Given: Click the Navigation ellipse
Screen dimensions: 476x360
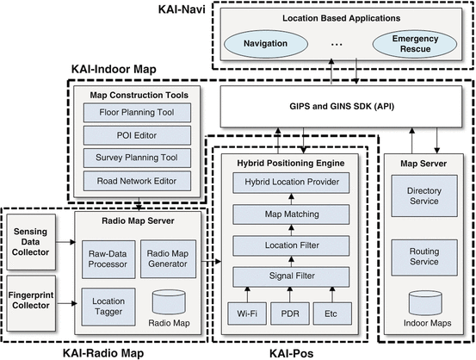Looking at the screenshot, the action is (266, 44).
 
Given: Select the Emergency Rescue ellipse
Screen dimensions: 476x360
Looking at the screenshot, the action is (415, 44).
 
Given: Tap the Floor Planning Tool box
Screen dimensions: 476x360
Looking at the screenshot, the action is (137, 113).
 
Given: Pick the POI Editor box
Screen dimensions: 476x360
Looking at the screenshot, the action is (137, 135).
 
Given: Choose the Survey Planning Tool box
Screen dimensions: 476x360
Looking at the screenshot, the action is (137, 158).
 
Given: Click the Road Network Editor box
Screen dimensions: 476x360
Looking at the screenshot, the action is (137, 181).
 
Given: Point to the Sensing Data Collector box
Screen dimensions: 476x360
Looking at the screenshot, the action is (31, 242).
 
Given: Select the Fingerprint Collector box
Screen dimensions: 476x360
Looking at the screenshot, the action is (31, 303).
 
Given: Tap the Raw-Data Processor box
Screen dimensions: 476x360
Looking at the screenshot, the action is (108, 259).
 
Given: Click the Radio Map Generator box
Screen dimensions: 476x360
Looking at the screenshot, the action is (168, 259).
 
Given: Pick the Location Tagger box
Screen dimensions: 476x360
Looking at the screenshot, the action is (108, 307).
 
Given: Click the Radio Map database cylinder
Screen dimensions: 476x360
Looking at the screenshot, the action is (169, 302).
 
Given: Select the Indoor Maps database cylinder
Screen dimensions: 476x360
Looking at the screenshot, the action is (425, 303).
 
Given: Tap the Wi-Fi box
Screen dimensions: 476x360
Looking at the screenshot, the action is (247, 313).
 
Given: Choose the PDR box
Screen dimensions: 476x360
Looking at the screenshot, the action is (290, 313).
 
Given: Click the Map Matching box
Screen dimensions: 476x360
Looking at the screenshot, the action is (291, 214).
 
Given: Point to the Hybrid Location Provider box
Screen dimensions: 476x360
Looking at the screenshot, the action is (291, 183).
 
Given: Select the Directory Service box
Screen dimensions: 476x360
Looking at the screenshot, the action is (424, 196).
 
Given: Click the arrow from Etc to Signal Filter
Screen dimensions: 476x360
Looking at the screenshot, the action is (332, 295).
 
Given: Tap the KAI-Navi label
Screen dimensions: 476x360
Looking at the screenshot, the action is (182, 9).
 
